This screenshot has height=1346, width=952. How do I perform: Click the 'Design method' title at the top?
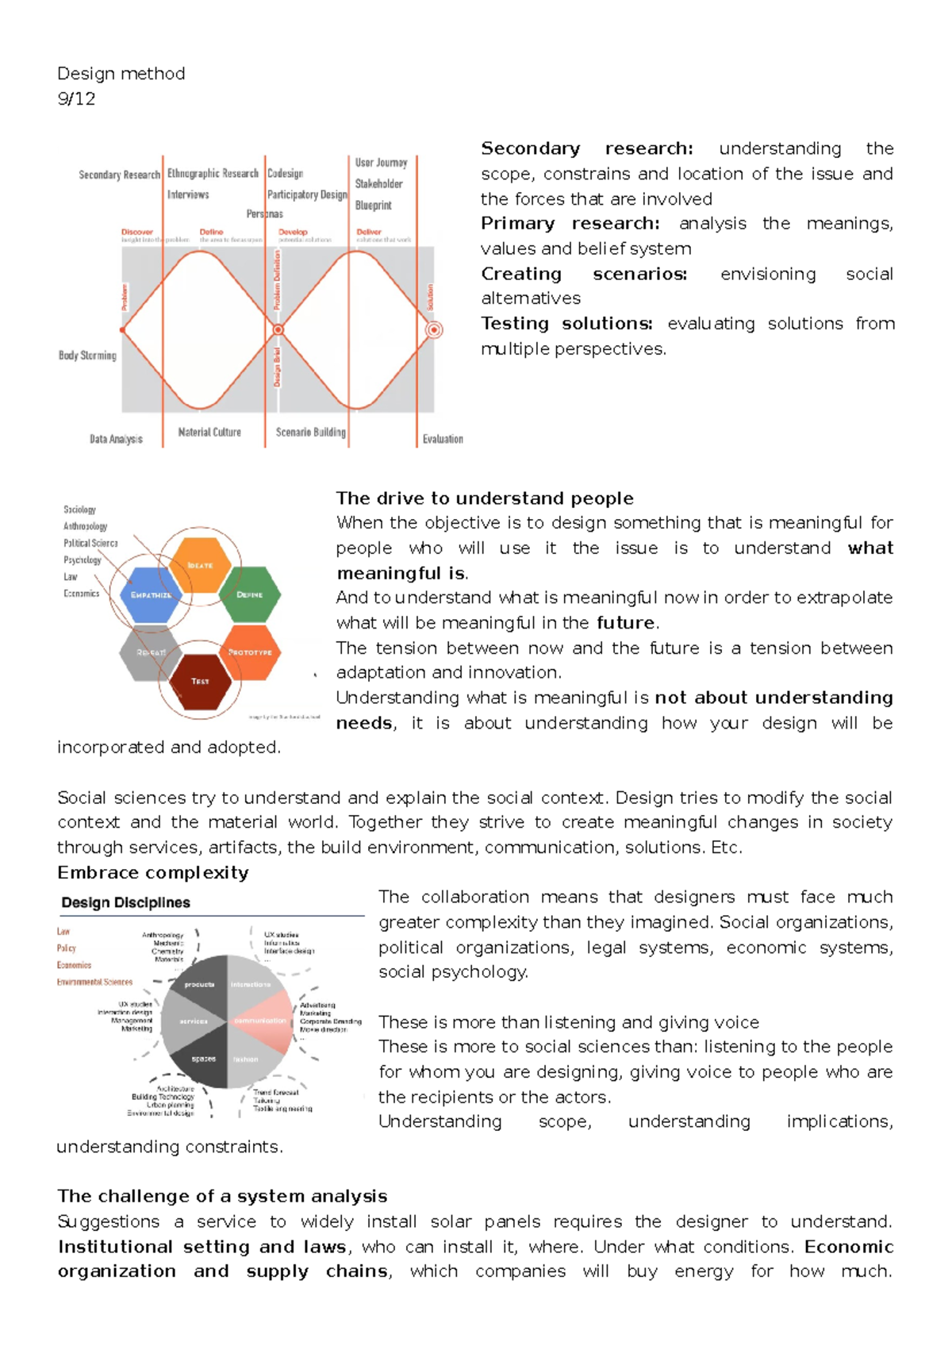click(121, 74)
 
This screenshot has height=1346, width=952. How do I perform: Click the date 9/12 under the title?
click(76, 99)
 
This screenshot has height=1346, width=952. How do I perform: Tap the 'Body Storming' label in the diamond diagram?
click(87, 356)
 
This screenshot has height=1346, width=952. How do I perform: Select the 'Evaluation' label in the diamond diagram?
click(442, 439)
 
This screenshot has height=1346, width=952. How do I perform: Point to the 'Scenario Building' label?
click(310, 433)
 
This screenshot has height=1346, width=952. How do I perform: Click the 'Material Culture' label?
click(209, 433)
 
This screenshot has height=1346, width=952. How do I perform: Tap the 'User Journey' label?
click(381, 163)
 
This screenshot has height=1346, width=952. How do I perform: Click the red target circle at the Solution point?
click(434, 329)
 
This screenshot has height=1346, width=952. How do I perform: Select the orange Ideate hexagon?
click(201, 565)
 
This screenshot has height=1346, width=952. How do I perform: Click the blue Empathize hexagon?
click(151, 594)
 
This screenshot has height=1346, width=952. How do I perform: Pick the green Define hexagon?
click(250, 594)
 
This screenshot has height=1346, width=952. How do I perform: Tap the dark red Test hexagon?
click(200, 681)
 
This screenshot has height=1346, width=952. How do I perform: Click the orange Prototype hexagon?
click(250, 652)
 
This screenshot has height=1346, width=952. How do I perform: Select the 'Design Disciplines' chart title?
click(125, 903)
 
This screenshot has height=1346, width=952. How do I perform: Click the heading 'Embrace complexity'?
click(153, 873)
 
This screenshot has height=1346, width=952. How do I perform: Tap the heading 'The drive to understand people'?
click(485, 498)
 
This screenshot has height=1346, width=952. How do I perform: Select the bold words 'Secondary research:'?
click(587, 148)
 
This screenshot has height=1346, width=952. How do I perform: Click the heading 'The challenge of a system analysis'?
click(222, 1196)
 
